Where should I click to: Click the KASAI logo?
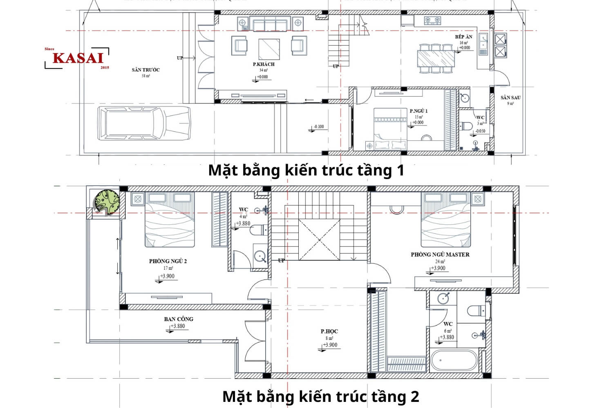click(x=77, y=58)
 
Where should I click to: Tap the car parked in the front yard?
click(x=144, y=123)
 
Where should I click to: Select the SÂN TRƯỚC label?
click(x=145, y=70)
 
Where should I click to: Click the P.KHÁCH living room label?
click(x=264, y=64)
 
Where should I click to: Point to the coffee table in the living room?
click(x=269, y=49)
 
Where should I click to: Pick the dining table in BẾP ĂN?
click(x=436, y=58)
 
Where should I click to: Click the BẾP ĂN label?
click(x=463, y=37)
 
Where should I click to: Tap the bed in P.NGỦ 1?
click(x=390, y=129)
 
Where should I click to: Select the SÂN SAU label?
click(x=510, y=98)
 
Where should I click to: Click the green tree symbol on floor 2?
click(x=107, y=202)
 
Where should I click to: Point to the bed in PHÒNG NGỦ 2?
click(x=169, y=220)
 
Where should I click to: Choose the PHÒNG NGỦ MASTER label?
click(x=440, y=255)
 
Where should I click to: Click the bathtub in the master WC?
click(x=453, y=360)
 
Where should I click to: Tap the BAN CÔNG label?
click(x=179, y=319)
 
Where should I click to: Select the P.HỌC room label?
click(x=329, y=331)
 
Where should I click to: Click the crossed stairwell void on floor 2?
click(x=319, y=239)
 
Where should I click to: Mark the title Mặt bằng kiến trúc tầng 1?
click(x=306, y=170)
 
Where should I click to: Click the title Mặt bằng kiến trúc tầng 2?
click(x=320, y=396)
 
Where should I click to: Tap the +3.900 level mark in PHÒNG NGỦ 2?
click(x=167, y=276)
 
